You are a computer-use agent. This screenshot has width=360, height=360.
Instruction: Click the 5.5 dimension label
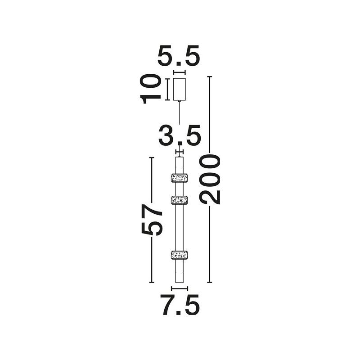tap(179, 56)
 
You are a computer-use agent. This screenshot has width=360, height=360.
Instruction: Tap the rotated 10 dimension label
tap(150, 89)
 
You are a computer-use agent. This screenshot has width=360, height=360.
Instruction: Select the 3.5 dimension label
tap(180, 135)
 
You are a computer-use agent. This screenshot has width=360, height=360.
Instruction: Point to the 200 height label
tap(210, 179)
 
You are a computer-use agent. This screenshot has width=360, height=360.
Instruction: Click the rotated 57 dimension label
tap(152, 220)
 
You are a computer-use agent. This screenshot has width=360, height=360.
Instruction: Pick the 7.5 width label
tap(180, 305)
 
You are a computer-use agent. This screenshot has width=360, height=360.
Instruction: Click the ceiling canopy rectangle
tap(179, 89)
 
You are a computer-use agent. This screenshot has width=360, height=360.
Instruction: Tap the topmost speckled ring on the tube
tap(180, 178)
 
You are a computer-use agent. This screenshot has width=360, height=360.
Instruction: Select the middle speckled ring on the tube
tap(180, 200)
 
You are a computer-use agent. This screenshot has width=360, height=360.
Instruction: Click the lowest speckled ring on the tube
tap(180, 255)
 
